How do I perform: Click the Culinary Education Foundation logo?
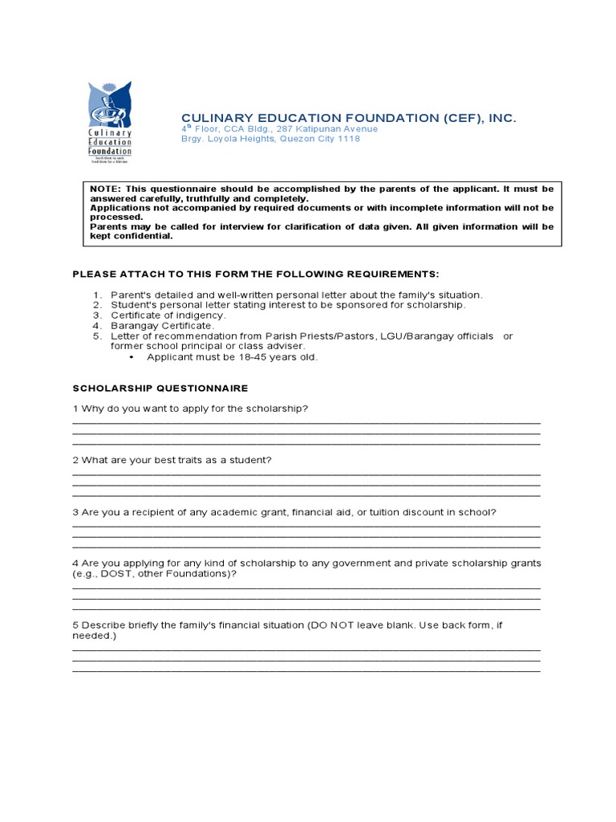pos(110,122)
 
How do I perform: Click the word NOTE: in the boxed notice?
pos(103,189)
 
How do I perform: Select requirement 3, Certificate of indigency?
pos(168,315)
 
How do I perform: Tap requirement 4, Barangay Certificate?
pos(162,326)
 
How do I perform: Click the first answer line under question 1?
pos(306,422)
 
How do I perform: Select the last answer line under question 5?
pos(306,670)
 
